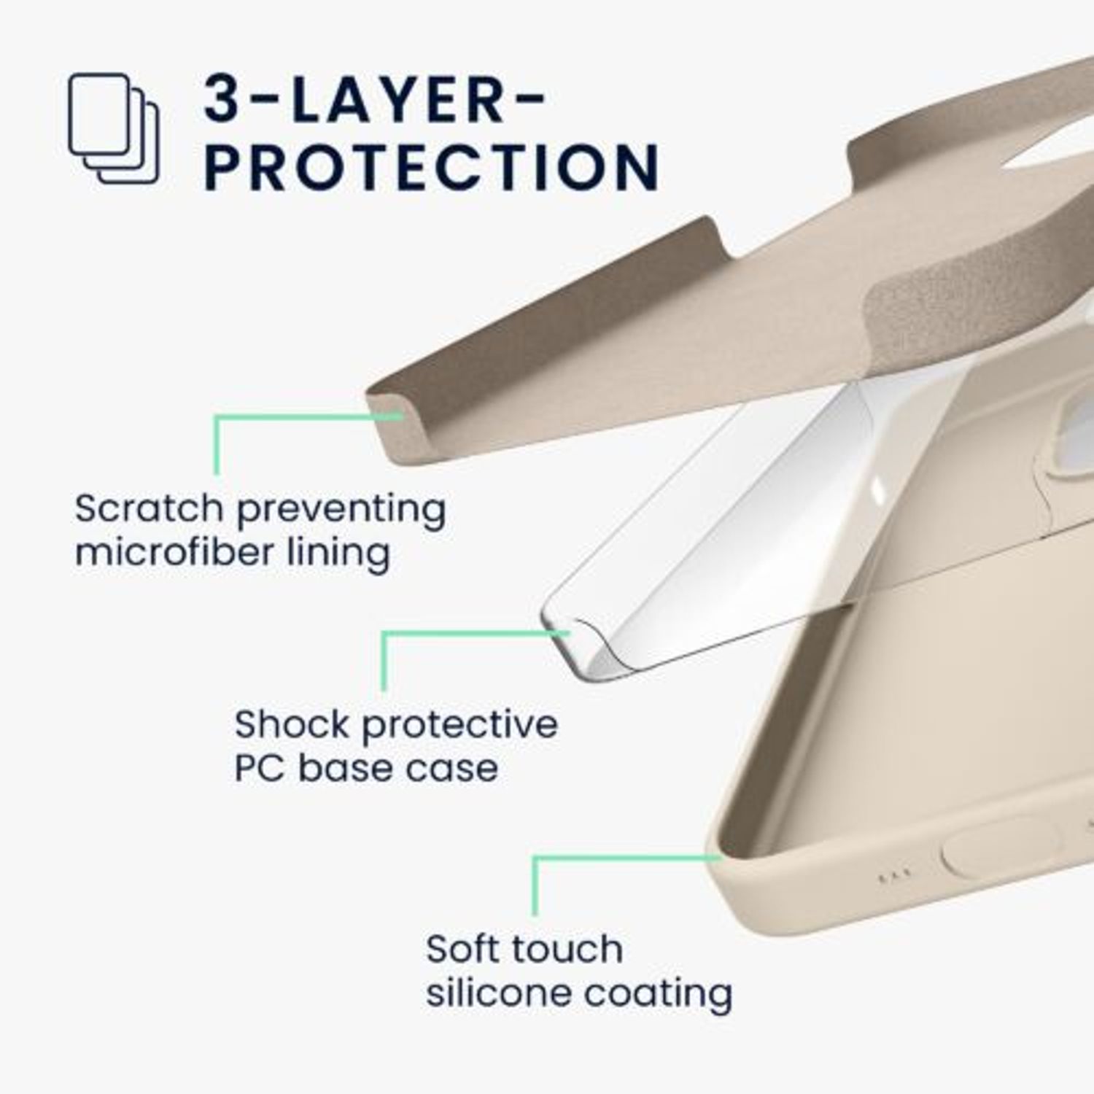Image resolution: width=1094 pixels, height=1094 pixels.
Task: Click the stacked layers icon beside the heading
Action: click(x=114, y=128)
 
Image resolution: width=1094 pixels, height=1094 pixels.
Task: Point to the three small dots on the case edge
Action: click(x=894, y=877)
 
